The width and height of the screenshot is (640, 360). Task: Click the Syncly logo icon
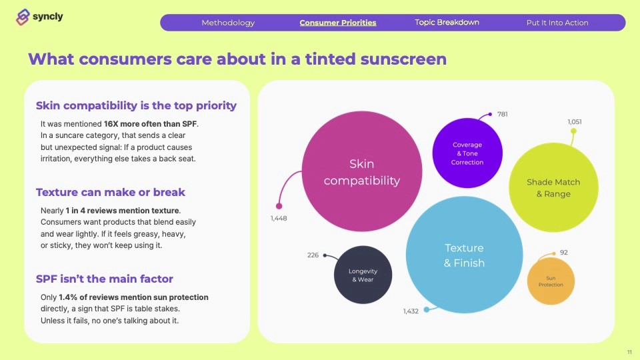coord(23,17)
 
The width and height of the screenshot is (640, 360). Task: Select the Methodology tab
coord(228,23)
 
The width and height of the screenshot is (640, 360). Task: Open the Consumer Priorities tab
coord(338,23)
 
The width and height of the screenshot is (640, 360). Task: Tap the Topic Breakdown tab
coord(447,23)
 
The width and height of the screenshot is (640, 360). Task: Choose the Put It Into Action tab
coord(557,23)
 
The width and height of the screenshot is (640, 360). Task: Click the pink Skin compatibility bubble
coord(362,171)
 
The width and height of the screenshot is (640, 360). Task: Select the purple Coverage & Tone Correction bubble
coord(467,153)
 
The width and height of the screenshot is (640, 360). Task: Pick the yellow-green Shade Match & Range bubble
coord(553,188)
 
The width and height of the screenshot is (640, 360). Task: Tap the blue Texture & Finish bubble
coord(465,255)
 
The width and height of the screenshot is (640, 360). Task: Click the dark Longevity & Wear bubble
coord(363,275)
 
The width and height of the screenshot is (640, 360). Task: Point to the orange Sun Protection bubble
coord(551,281)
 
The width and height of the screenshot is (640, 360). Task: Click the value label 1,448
coord(279,219)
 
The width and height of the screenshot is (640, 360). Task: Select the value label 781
coord(503,114)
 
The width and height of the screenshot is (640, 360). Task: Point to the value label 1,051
coord(575,121)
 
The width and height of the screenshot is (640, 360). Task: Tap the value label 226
coord(313,255)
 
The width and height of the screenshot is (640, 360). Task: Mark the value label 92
coord(564,253)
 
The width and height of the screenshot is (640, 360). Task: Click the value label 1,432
coord(411,311)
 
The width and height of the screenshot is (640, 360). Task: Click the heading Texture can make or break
coord(111,192)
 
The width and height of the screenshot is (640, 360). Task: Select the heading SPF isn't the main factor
coord(105,279)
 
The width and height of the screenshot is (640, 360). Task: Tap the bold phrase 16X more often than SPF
coord(150,124)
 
